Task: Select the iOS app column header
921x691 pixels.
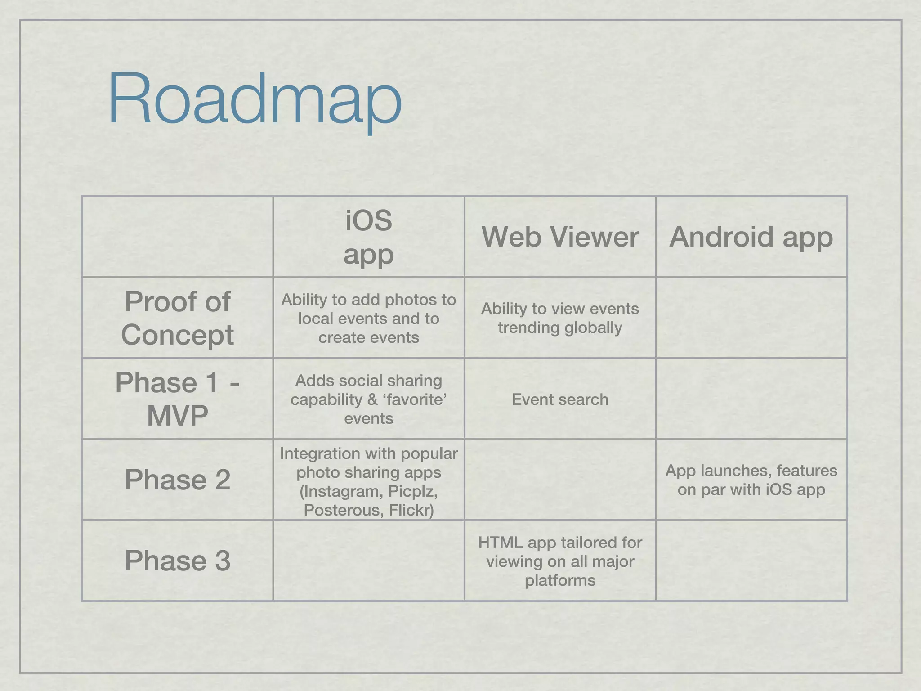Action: tap(368, 237)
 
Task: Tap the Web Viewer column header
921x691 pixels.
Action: tap(560, 237)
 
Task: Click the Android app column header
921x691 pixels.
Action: tap(751, 237)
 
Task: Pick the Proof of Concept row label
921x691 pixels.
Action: tap(177, 318)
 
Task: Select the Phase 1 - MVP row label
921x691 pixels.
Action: tap(177, 399)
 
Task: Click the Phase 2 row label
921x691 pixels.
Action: tap(177, 480)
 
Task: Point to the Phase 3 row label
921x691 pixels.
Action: tap(177, 561)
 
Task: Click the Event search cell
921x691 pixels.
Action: tap(560, 399)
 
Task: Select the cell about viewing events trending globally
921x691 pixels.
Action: tap(560, 318)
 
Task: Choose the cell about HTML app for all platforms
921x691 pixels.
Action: tap(560, 561)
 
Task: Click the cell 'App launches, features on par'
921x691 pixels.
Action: tap(751, 480)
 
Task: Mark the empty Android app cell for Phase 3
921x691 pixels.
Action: tap(751, 561)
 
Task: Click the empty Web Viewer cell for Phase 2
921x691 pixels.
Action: tap(560, 480)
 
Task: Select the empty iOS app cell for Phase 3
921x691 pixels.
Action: tap(368, 561)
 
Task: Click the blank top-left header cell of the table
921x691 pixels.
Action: tap(177, 237)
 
